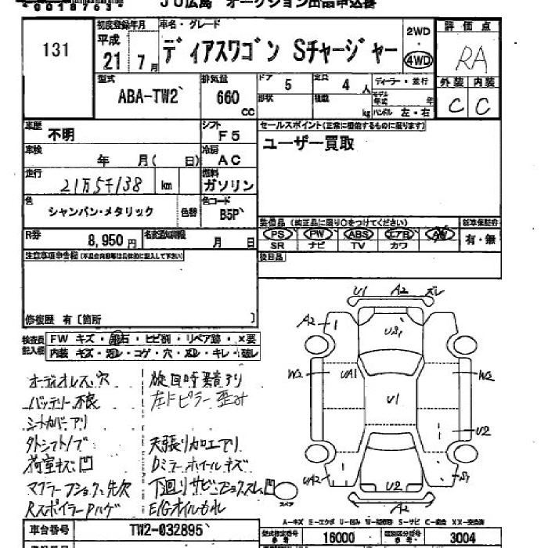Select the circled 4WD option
tap(419, 60)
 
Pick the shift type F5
tap(229, 135)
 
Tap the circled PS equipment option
tap(277, 233)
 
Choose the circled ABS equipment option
tap(359, 233)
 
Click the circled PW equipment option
tap(318, 233)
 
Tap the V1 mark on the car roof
tap(392, 400)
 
